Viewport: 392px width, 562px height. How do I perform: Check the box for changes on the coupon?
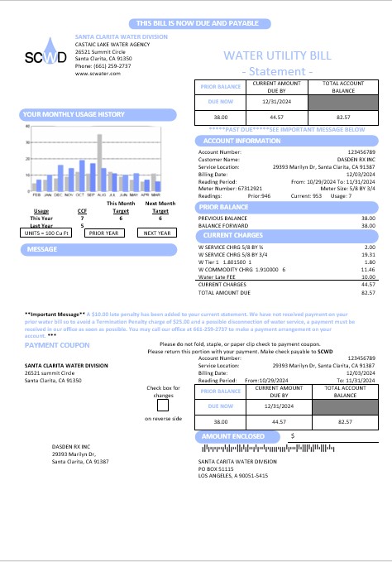162,405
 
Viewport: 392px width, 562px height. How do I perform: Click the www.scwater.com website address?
99,73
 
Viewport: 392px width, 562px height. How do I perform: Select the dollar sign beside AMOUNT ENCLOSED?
293,435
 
